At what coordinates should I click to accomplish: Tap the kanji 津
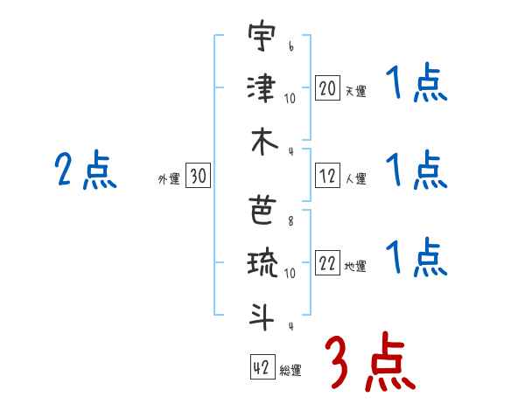[261, 89]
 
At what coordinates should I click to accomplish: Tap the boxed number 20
[327, 88]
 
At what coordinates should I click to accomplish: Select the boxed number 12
[327, 177]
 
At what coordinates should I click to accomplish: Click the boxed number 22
[327, 265]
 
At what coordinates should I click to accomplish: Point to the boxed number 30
[197, 177]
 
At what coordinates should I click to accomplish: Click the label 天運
[354, 91]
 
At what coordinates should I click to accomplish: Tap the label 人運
[354, 179]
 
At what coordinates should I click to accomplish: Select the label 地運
[354, 268]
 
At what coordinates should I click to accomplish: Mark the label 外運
[168, 179]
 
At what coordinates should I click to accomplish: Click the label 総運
[290, 371]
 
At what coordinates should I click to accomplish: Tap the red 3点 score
[369, 362]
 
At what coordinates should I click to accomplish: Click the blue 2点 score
[85, 170]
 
